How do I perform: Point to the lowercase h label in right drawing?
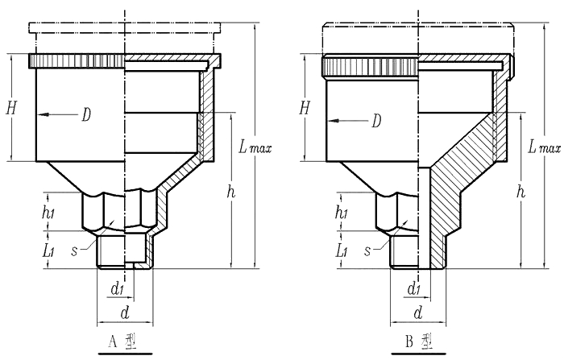(522, 192)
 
